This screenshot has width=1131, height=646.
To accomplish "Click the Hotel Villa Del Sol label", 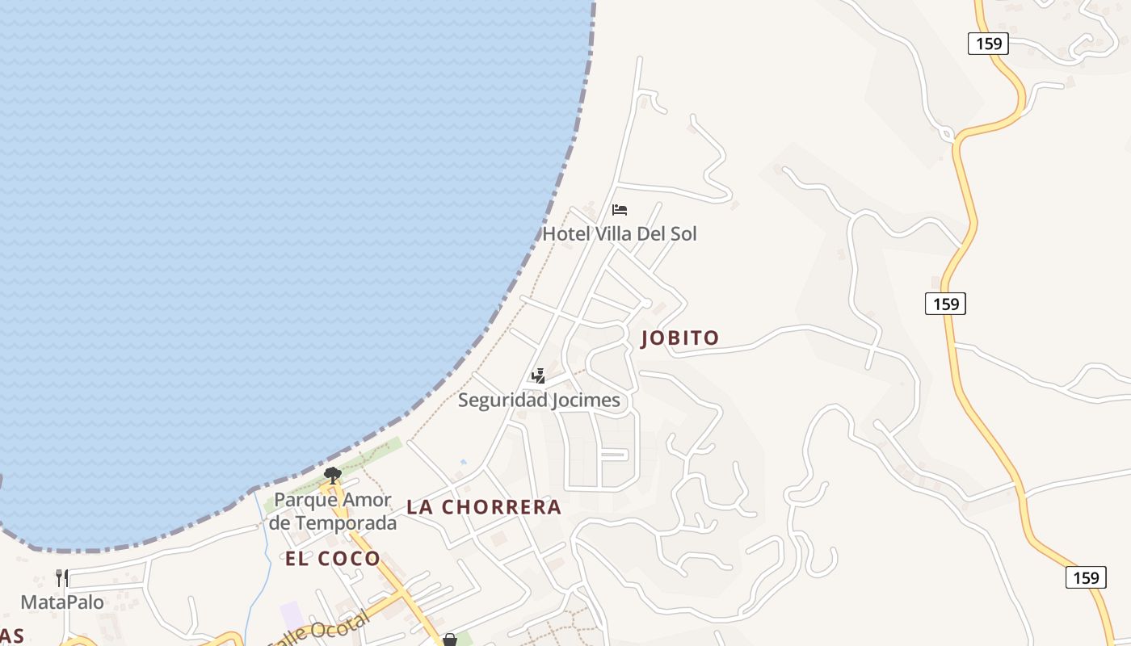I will coord(619,234).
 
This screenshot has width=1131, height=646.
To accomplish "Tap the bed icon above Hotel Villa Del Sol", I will coord(620,210).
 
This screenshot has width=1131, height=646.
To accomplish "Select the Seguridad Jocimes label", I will coord(539,400).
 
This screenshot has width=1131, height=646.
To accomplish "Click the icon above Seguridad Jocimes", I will coord(538,376).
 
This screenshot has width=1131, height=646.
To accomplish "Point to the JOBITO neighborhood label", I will coord(679,338).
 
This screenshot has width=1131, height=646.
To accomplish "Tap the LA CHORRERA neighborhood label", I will coord(484,507).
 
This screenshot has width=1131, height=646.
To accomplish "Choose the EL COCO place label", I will coord(333,559).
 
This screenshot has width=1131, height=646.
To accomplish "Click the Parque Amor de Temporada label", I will coord(333,511).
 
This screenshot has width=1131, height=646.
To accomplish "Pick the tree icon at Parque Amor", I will coord(332,475).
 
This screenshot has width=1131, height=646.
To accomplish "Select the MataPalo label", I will coord(62,602).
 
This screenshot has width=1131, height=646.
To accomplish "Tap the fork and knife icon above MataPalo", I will coord(62,578).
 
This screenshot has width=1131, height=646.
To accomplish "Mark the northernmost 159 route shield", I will coord(989,44).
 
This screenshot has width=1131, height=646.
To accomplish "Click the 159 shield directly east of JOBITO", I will coord(945,304).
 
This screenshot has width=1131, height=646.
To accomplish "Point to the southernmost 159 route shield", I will coord(1086,577).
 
